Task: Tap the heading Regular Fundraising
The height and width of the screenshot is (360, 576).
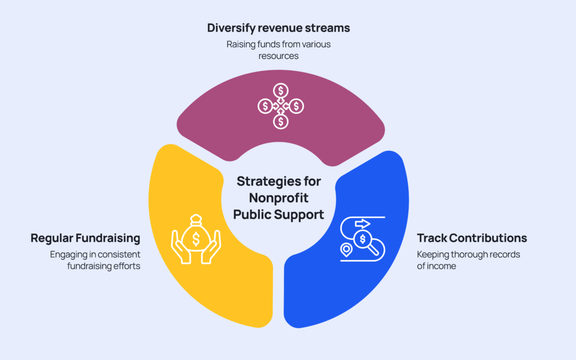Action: [85, 238]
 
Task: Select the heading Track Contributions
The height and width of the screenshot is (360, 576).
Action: [471, 238]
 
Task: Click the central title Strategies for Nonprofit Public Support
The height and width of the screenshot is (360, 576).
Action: [280, 197]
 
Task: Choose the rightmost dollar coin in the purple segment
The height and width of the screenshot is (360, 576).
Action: [296, 105]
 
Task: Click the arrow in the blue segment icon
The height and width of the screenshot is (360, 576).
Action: [362, 223]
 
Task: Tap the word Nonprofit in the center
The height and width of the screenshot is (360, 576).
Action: [280, 197]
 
